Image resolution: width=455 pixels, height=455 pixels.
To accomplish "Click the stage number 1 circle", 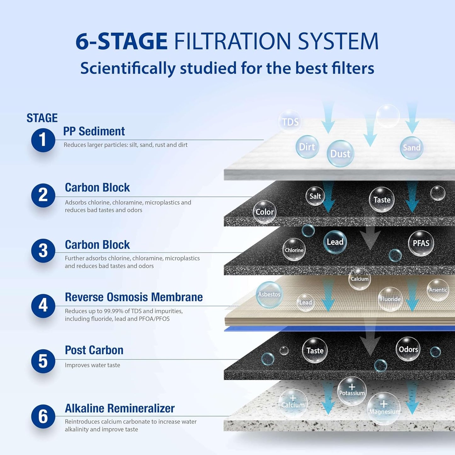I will pyautogui.click(x=43, y=140).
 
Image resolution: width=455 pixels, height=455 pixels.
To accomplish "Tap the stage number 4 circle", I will pyautogui.click(x=43, y=306).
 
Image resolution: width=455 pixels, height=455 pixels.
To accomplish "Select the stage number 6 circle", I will pyautogui.click(x=43, y=416).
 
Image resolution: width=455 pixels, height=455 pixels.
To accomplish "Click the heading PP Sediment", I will pyautogui.click(x=94, y=131).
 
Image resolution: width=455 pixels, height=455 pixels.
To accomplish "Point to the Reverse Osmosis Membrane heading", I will pyautogui.click(x=134, y=297).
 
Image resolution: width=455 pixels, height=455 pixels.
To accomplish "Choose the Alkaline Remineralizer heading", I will pyautogui.click(x=120, y=408).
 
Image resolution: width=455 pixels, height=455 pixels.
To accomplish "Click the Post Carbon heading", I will pyautogui.click(x=94, y=350).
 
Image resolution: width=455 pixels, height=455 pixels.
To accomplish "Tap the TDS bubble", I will pyautogui.click(x=290, y=122).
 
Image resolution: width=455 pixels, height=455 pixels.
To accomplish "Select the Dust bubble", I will pyautogui.click(x=340, y=154).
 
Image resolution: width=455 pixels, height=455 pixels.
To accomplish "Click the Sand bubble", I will pyautogui.click(x=412, y=148).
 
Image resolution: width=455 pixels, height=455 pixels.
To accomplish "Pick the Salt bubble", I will pyautogui.click(x=315, y=196).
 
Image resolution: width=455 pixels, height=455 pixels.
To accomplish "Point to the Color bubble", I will pyautogui.click(x=264, y=212).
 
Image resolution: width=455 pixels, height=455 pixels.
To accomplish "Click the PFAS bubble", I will pyautogui.click(x=421, y=243).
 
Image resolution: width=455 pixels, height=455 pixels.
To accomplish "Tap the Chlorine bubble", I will pyautogui.click(x=294, y=250).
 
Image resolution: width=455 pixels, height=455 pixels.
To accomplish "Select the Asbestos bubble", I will pyautogui.click(x=269, y=294).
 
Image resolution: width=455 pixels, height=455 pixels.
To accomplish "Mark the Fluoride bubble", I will pyautogui.click(x=390, y=299).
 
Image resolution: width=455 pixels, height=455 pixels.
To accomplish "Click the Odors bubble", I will pyautogui.click(x=408, y=349).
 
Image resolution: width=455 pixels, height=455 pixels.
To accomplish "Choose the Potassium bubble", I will pyautogui.click(x=352, y=391).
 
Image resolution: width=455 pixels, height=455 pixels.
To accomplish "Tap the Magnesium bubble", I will pyautogui.click(x=384, y=409).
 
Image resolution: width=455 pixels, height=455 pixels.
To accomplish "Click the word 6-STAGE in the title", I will pyautogui.click(x=122, y=41).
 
